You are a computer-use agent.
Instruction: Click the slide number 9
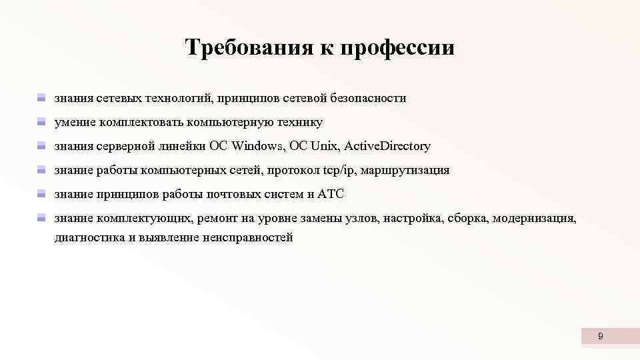tap(600, 337)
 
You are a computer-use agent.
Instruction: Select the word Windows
tap(256, 146)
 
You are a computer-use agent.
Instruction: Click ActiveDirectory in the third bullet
tap(387, 146)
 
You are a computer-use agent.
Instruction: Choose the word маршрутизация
tap(405, 170)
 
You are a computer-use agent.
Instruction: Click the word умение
tap(75, 122)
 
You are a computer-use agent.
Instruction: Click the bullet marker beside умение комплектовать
tap(41, 123)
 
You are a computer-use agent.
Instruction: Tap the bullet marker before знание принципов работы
tap(41, 195)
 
